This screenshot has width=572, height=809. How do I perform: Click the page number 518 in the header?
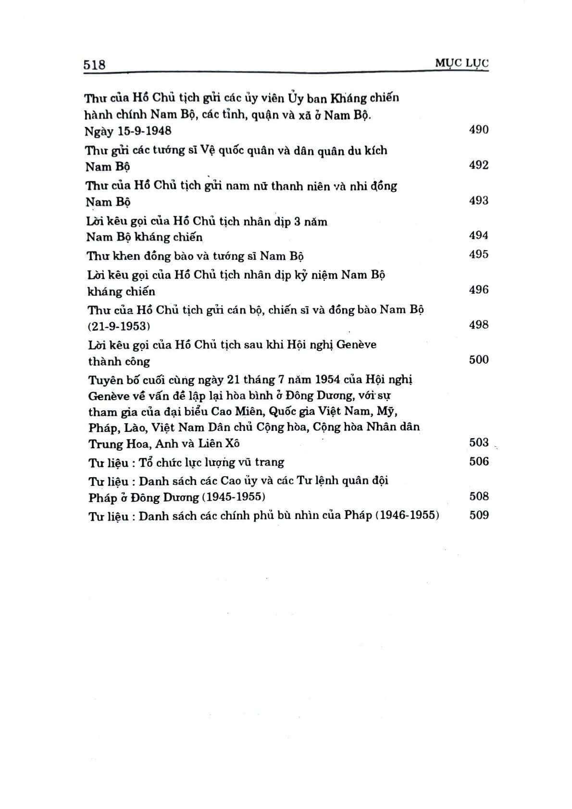(94, 64)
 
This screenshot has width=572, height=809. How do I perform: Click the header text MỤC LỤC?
(461, 63)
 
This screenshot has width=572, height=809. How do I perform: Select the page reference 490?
(478, 129)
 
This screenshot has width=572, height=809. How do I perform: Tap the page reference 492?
(478, 165)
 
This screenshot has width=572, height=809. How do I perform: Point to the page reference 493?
(478, 200)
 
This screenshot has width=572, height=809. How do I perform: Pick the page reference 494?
(478, 235)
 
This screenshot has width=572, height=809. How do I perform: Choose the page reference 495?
(478, 254)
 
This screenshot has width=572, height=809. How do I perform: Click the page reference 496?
(478, 290)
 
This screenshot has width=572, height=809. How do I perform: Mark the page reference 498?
(478, 325)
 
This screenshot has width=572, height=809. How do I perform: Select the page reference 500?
(478, 360)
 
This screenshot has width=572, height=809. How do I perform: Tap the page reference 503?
(478, 442)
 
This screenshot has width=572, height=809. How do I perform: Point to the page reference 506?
(478, 462)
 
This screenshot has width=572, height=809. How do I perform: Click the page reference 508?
(478, 496)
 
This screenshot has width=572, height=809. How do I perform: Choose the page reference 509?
(478, 515)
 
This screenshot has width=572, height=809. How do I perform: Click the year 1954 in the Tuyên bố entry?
(328, 379)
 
